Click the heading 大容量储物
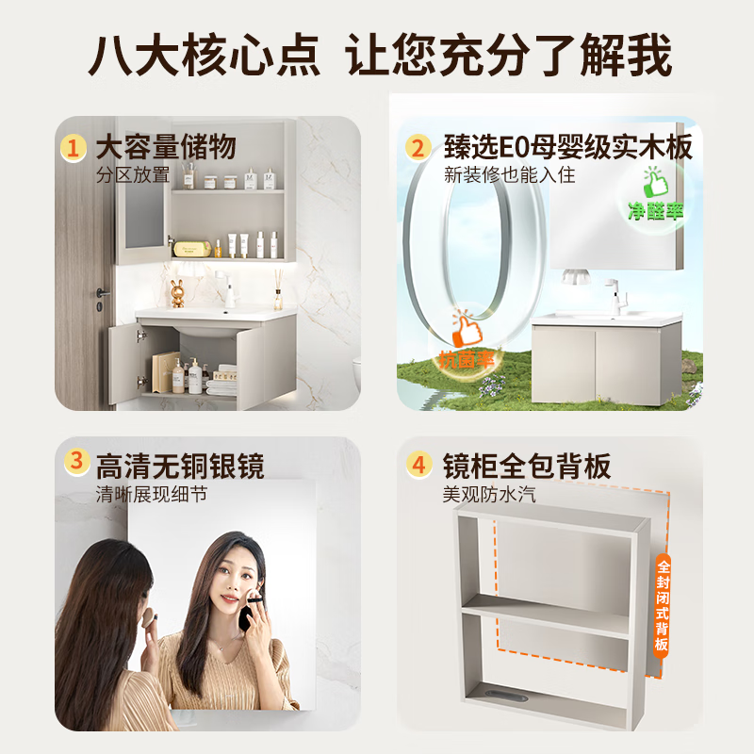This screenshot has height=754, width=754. point(165,148)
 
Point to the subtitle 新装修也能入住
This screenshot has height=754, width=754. point(509,175)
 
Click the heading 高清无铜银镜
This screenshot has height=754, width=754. point(179,465)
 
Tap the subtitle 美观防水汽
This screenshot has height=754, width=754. point(489,493)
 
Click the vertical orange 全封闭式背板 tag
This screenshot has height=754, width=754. point(663,604)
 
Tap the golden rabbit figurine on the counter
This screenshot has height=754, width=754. point(178,291)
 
